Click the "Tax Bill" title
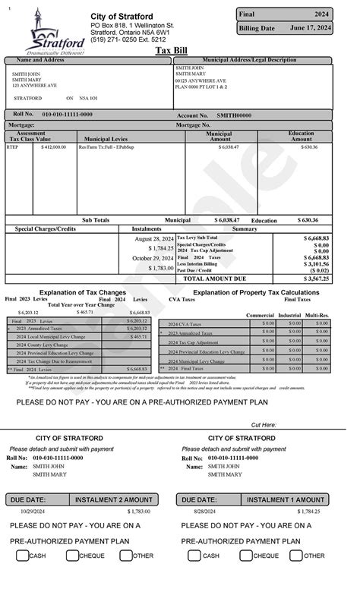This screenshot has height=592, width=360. point(171,50)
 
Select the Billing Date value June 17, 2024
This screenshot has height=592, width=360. point(311,28)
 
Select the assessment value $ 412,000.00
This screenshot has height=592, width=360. point(53,147)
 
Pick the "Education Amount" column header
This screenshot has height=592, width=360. point(301,136)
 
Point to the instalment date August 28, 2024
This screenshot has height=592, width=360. point(155,238)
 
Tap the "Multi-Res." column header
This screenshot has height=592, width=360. point(317,314)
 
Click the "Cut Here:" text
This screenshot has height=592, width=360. point(264,425)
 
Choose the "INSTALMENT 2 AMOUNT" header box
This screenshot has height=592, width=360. point(114,500)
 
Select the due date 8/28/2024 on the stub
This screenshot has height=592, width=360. point(198,513)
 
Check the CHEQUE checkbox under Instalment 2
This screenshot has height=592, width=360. point(73,556)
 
